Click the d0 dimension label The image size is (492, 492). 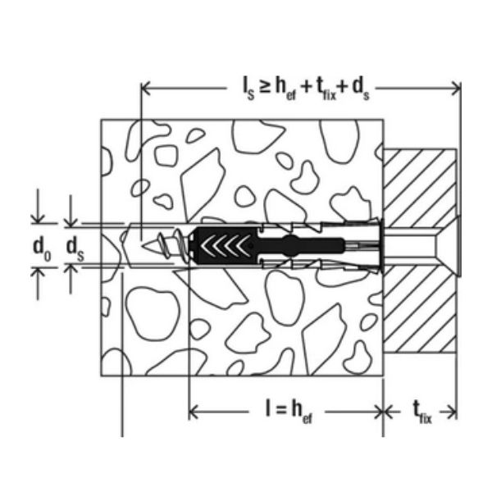pos(42,249)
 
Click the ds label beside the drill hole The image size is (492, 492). pos(75,249)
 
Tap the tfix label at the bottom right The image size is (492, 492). pos(422,412)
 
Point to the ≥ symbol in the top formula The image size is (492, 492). pos(265,87)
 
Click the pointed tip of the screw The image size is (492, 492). pos(143,245)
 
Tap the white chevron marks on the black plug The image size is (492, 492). pos(225,245)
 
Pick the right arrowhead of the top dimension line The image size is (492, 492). pos(456,89)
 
